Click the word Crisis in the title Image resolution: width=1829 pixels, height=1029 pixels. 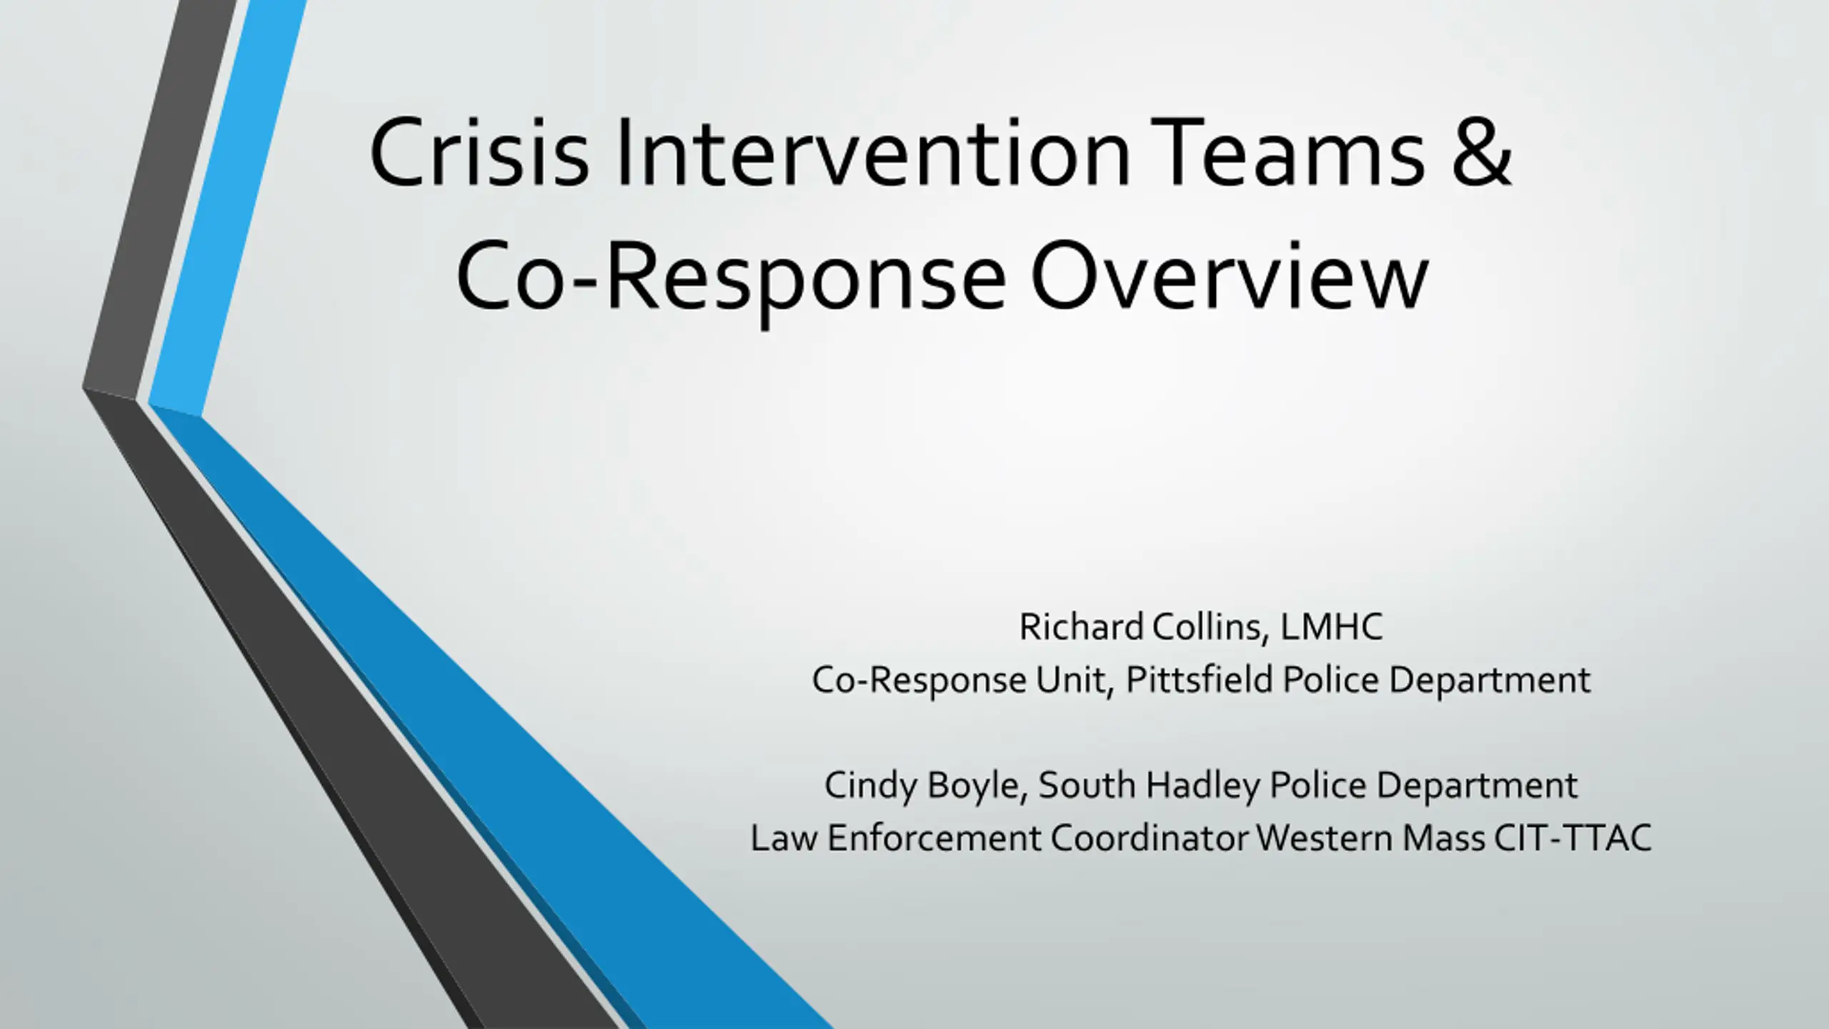coord(479,153)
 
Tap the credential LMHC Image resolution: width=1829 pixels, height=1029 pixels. coord(1331,627)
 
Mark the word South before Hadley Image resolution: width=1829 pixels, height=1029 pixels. coord(1087,785)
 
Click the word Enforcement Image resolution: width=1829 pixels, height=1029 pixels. coord(934,838)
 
